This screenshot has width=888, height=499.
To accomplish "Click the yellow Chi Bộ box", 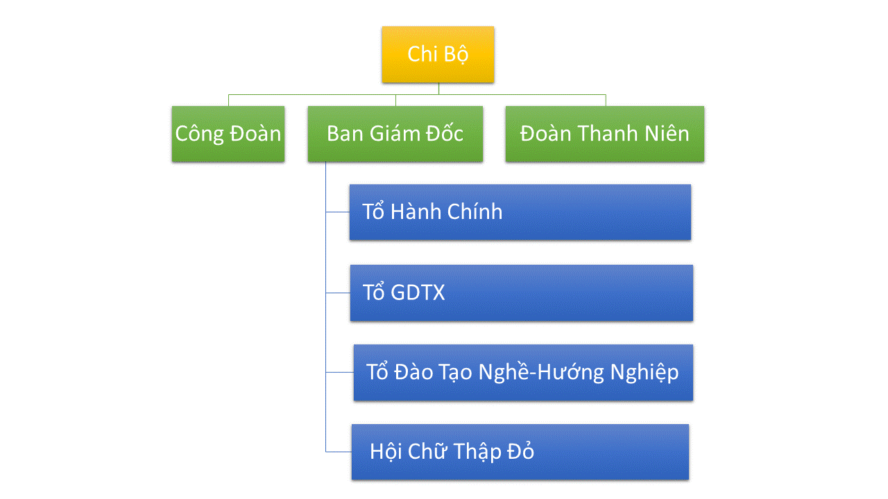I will (x=438, y=55).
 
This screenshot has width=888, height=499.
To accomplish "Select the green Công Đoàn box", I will (x=228, y=134).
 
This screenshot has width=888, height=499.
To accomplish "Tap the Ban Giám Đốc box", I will (x=395, y=134).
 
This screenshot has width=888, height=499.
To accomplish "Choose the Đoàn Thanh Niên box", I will (x=605, y=134).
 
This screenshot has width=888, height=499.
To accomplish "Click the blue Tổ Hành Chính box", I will (x=520, y=212).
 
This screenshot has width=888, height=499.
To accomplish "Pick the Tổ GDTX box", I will (x=522, y=292).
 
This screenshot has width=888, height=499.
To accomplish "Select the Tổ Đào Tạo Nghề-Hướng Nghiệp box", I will (x=523, y=372).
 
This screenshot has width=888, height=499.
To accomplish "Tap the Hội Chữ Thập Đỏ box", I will (x=520, y=452).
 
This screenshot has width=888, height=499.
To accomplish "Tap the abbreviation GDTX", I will (x=418, y=292).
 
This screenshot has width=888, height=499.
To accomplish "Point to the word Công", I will (x=198, y=134).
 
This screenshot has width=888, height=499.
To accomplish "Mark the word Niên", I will (x=665, y=134).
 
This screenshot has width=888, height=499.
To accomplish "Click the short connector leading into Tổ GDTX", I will (x=338, y=292).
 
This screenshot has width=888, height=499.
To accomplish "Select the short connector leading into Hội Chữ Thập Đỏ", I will (x=339, y=452).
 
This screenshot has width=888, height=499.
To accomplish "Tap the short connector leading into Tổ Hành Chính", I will (x=338, y=212).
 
